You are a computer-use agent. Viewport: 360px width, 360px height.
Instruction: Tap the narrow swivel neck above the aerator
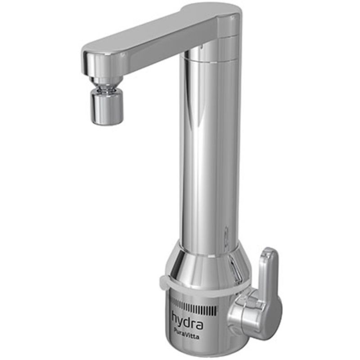(x=106, y=85)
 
